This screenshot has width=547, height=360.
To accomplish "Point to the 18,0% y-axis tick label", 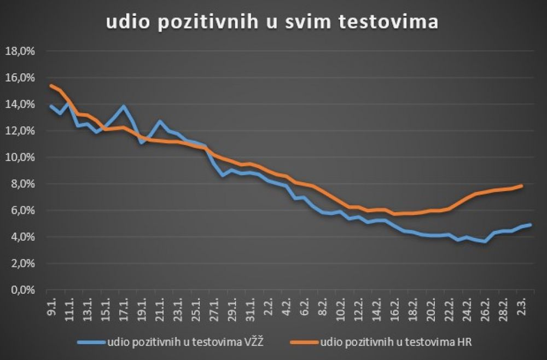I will pyautogui.click(x=20, y=51).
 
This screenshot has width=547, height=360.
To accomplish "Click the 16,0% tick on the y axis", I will pyautogui.click(x=20, y=78).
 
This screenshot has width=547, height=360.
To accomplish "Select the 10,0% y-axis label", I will pyautogui.click(x=20, y=158).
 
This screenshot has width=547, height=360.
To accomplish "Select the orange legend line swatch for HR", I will pyautogui.click(x=301, y=342).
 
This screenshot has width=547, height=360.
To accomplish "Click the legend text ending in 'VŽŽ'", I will pyautogui.click(x=195, y=342).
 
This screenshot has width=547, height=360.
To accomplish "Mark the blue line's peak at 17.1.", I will pyautogui.click(x=124, y=106).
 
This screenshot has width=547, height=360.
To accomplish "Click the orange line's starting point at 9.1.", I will pyautogui.click(x=51, y=85).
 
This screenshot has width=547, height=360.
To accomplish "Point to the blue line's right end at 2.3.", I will pyautogui.click(x=530, y=225).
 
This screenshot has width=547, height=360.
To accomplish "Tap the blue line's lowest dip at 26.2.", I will pyautogui.click(x=485, y=241).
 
